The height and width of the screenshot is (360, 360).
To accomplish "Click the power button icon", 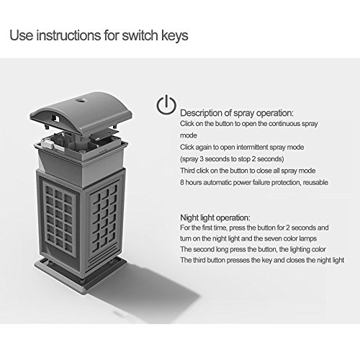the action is [166, 104].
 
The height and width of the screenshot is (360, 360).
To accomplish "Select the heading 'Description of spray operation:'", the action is [237, 113].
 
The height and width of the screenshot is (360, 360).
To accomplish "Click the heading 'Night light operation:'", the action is [215, 217].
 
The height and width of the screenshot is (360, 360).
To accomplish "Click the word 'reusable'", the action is [315, 182].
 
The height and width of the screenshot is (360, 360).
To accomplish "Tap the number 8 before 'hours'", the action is [182, 182].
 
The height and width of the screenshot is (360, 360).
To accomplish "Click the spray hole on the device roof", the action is [81, 99].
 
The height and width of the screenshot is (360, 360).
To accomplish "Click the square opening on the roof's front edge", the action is [56, 118].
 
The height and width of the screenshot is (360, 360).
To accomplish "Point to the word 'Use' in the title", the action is [21, 35].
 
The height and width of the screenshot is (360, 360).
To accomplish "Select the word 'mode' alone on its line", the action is [189, 135].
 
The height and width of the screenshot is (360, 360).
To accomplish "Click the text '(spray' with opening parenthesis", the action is [189, 159].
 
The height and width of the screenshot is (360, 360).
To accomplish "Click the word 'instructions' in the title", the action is [68, 35].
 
